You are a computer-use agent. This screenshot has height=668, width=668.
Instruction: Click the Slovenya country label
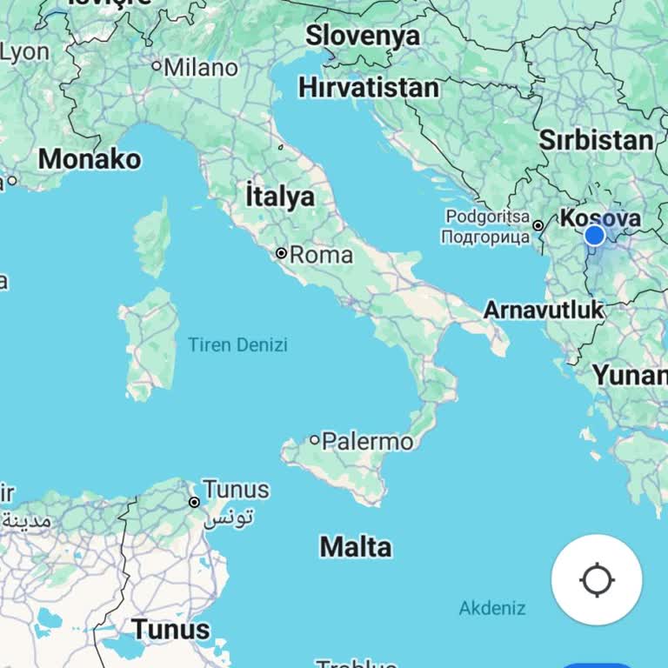coord(362,36)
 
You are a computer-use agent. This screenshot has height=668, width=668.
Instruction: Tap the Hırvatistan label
coord(368,88)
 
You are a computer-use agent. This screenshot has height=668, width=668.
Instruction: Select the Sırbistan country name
coord(596,140)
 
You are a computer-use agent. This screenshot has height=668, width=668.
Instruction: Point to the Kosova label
coord(601,217)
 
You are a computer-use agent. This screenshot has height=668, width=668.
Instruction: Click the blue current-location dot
coord(595,235)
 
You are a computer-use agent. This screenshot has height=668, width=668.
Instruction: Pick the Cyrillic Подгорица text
coord(484,237)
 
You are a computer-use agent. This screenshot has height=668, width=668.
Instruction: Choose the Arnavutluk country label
coord(543,310)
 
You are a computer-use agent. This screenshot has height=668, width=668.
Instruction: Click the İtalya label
coord(279,196)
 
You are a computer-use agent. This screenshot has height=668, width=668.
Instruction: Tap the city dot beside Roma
coord(281,253)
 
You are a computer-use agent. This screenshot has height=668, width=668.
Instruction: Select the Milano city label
coord(201,67)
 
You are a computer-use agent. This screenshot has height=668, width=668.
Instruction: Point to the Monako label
coord(90,159)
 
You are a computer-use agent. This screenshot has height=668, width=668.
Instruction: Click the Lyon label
coord(24,51)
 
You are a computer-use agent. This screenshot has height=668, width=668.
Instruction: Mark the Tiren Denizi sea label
coord(237,345)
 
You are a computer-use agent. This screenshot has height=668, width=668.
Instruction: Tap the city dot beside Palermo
coord(315,440)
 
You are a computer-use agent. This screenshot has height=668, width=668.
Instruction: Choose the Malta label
coord(355,547)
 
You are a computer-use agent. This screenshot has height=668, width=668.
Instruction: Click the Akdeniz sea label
coord(492,608)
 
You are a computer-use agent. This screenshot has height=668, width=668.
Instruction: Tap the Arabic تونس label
coord(230,518)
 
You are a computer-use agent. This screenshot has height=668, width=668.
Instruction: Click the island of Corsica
coord(153,237)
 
